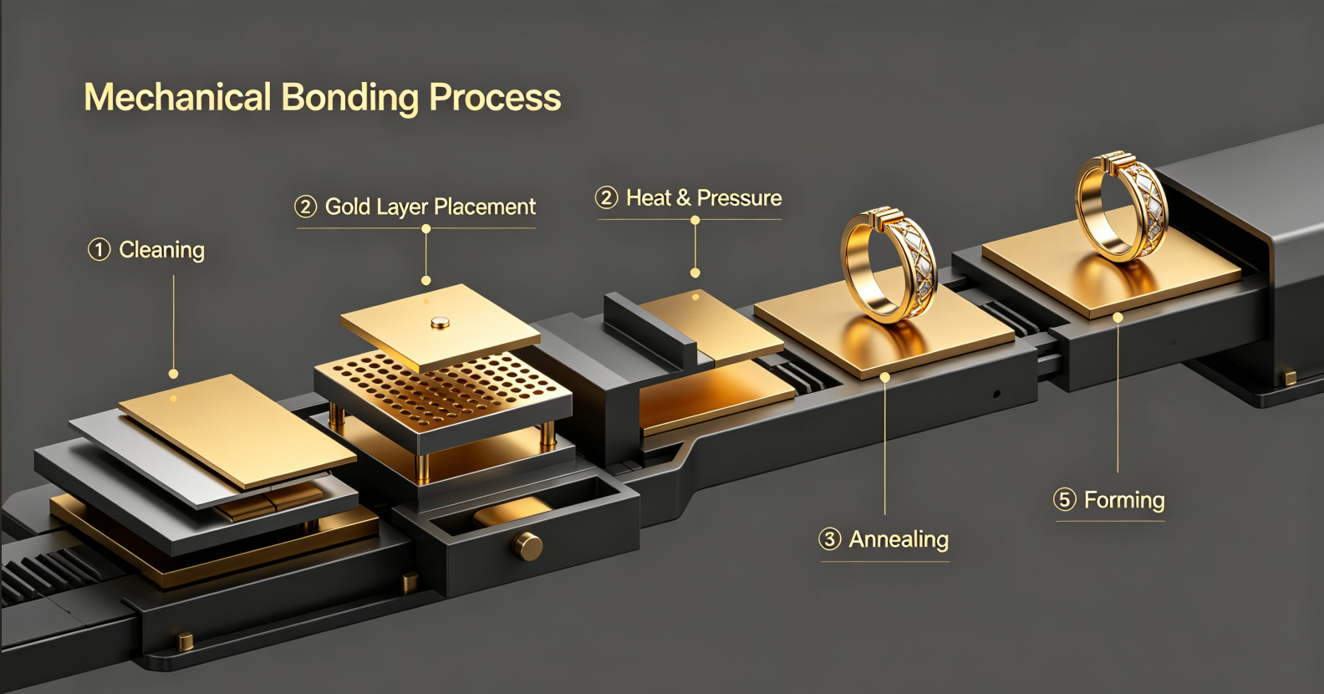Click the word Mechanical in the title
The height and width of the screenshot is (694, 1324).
coord(178,97)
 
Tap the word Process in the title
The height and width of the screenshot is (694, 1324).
coord(495,97)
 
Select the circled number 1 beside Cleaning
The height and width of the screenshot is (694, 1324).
coord(99,249)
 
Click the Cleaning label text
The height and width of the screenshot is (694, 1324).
coord(162,249)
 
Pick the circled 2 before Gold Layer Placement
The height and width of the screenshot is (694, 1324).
coord(306,207)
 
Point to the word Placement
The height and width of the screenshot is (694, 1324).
coord(485,207)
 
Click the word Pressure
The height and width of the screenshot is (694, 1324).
coord(740,198)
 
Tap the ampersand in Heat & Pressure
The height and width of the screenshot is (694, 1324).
coord(683,198)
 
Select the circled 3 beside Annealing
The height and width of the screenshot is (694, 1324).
coord(830,539)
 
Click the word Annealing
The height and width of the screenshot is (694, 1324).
coord(899,540)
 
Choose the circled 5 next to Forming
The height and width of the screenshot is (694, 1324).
coord(1065,499)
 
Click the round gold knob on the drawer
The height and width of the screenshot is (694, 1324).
coord(527,546)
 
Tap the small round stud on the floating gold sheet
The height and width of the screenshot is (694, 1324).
coord(440,322)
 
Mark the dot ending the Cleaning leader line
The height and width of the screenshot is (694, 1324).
coord(173,374)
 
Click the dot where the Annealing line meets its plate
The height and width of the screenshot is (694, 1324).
coord(885,376)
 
